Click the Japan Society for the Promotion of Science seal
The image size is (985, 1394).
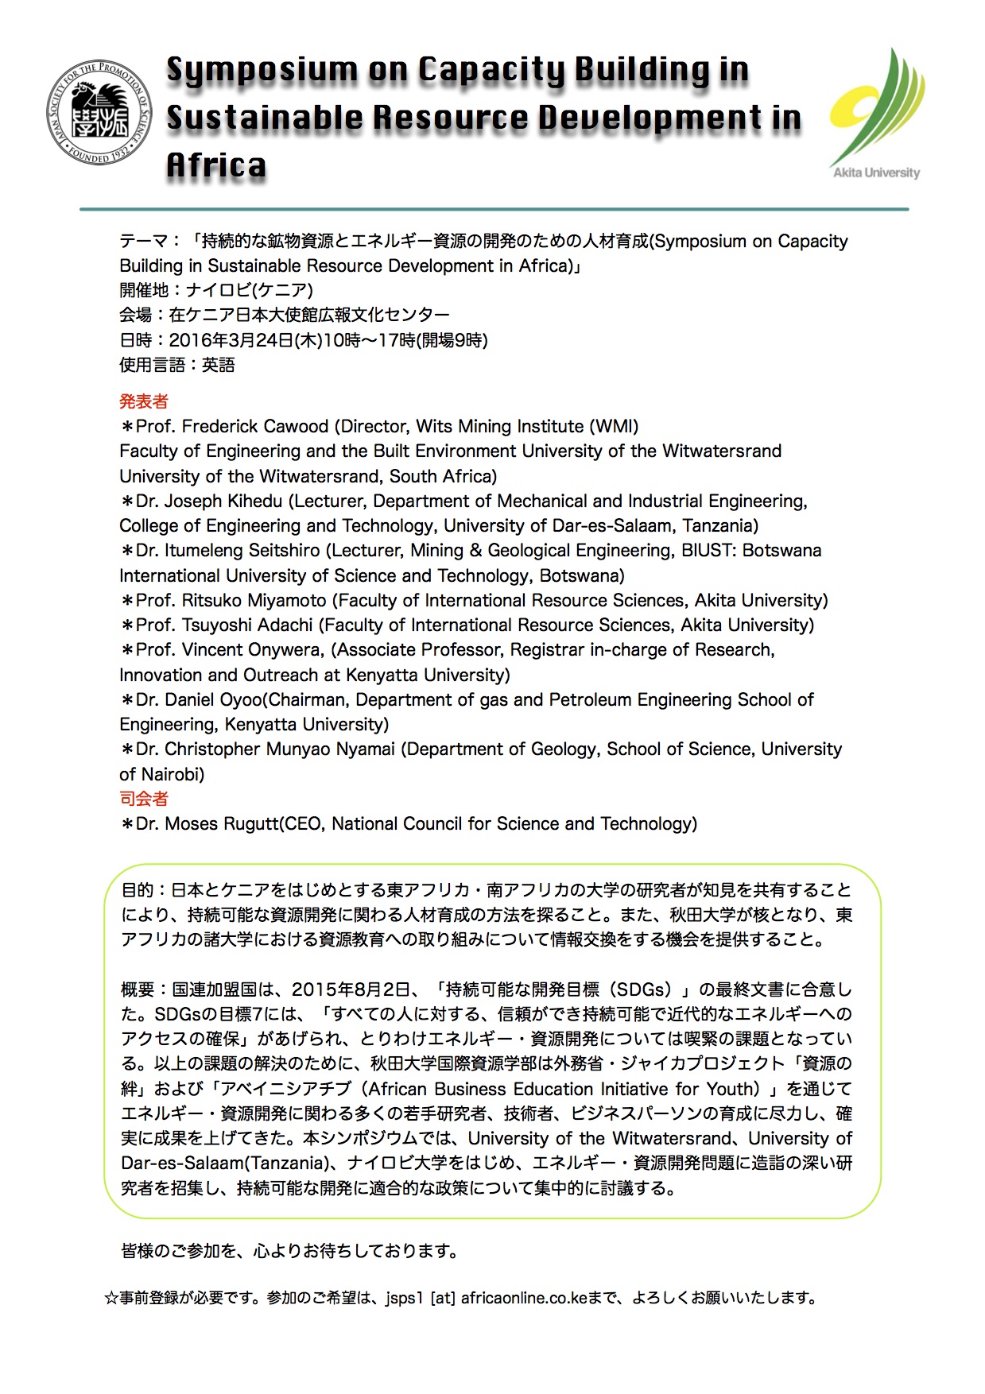point(99,113)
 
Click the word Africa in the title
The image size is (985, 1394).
point(216,166)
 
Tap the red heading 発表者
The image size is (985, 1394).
point(144,401)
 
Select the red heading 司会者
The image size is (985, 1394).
point(144,799)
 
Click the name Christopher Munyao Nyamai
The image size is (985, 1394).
point(280,749)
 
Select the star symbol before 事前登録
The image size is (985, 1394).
point(111,1298)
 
